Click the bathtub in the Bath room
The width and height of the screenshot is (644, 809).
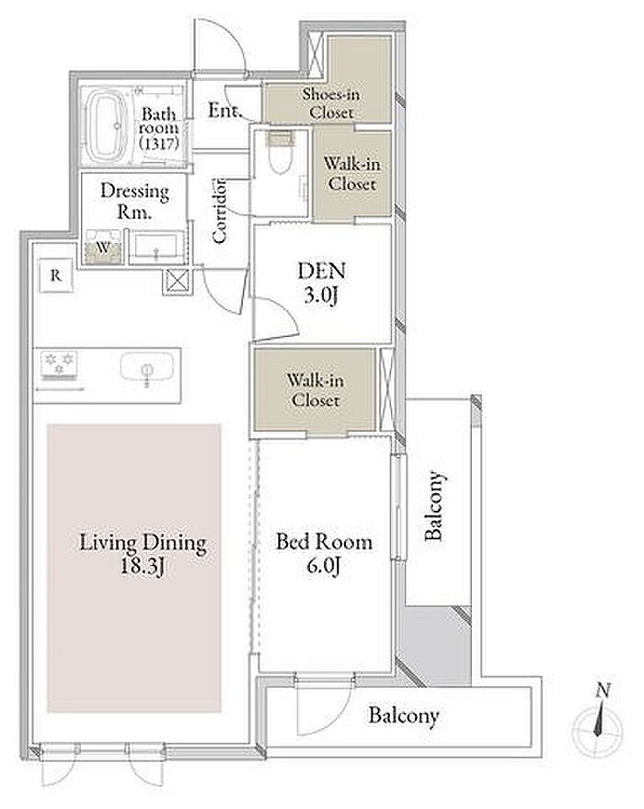(x=108, y=125)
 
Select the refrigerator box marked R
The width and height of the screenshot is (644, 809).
(x=56, y=275)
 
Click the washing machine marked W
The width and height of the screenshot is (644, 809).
(x=103, y=248)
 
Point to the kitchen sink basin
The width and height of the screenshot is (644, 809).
(x=147, y=369)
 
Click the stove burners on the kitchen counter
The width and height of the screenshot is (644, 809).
(x=60, y=364)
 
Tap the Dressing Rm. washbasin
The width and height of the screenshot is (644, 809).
(x=155, y=248)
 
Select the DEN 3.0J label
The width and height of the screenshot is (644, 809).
(x=322, y=283)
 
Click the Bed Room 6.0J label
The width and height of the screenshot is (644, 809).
(x=324, y=553)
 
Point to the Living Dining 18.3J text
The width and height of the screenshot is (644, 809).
(x=143, y=554)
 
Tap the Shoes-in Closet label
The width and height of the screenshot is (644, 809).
(x=331, y=103)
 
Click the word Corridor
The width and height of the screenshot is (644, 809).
(x=219, y=211)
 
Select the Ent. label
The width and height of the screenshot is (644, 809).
(x=224, y=110)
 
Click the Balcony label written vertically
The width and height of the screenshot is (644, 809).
(x=433, y=505)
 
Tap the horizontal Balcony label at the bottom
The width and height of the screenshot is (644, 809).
(x=404, y=716)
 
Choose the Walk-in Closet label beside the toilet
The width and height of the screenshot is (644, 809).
(x=352, y=173)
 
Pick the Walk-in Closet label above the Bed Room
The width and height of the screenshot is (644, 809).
(x=315, y=389)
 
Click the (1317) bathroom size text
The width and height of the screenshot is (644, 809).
(x=159, y=143)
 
